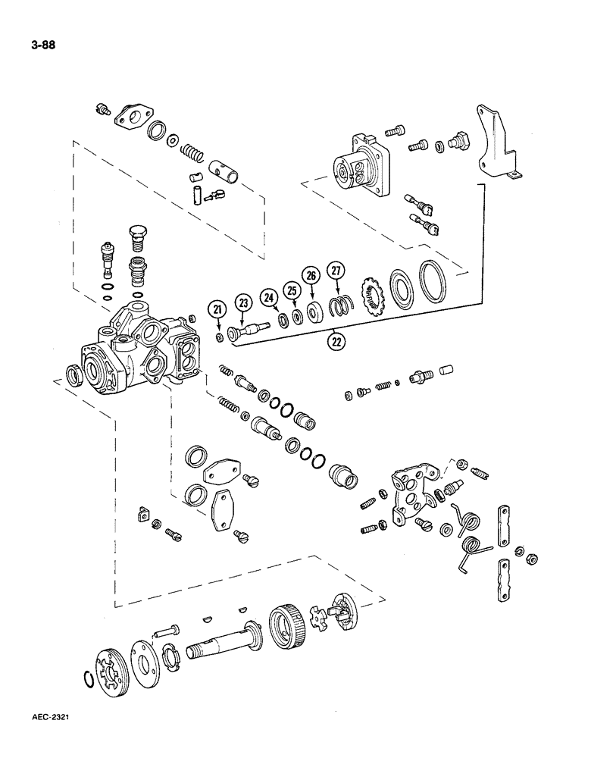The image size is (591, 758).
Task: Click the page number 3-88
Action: point(38,44)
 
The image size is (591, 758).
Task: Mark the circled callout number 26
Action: point(311,276)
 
